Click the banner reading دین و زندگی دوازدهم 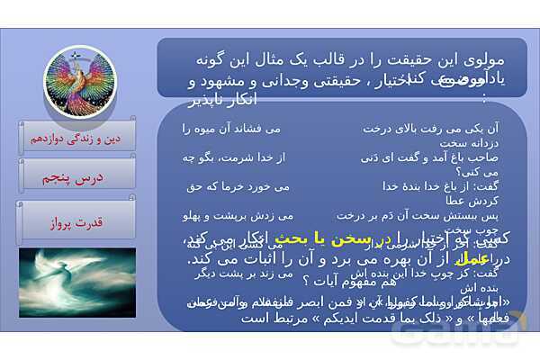(x=76, y=139)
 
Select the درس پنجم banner (x=76, y=178)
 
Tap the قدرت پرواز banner (x=76, y=220)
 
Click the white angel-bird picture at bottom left (x=76, y=283)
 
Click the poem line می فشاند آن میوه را (x=237, y=129)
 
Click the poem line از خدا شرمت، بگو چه (x=236, y=157)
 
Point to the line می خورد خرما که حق (x=237, y=186)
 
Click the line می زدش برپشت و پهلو (x=237, y=216)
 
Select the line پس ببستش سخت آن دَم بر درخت (x=424, y=216)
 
